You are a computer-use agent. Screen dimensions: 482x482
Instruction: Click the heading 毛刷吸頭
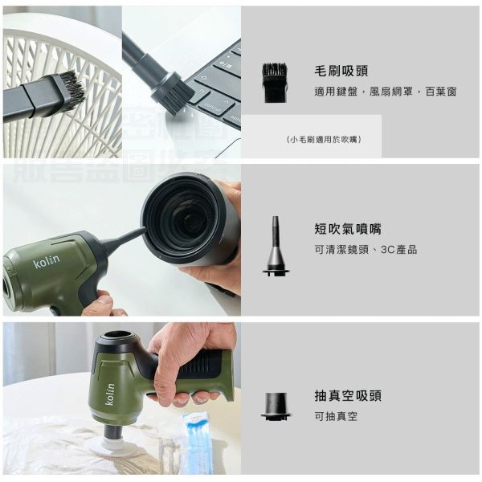click(341, 71)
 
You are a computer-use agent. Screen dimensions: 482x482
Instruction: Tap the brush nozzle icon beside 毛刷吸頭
click(275, 83)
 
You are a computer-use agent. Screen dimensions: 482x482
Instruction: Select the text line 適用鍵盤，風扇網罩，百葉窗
click(385, 92)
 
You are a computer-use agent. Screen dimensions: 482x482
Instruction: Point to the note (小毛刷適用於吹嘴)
click(324, 139)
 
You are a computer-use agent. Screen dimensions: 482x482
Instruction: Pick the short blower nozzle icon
click(276, 246)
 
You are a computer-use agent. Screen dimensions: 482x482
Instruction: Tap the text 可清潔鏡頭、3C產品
click(365, 250)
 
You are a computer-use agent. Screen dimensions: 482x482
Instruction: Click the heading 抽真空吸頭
click(347, 395)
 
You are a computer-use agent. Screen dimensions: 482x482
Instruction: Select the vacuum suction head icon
click(276, 405)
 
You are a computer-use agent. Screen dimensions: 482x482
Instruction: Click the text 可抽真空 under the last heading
click(336, 416)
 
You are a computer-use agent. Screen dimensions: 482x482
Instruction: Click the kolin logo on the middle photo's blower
click(47, 262)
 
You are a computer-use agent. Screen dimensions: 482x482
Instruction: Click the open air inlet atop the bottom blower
click(118, 334)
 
